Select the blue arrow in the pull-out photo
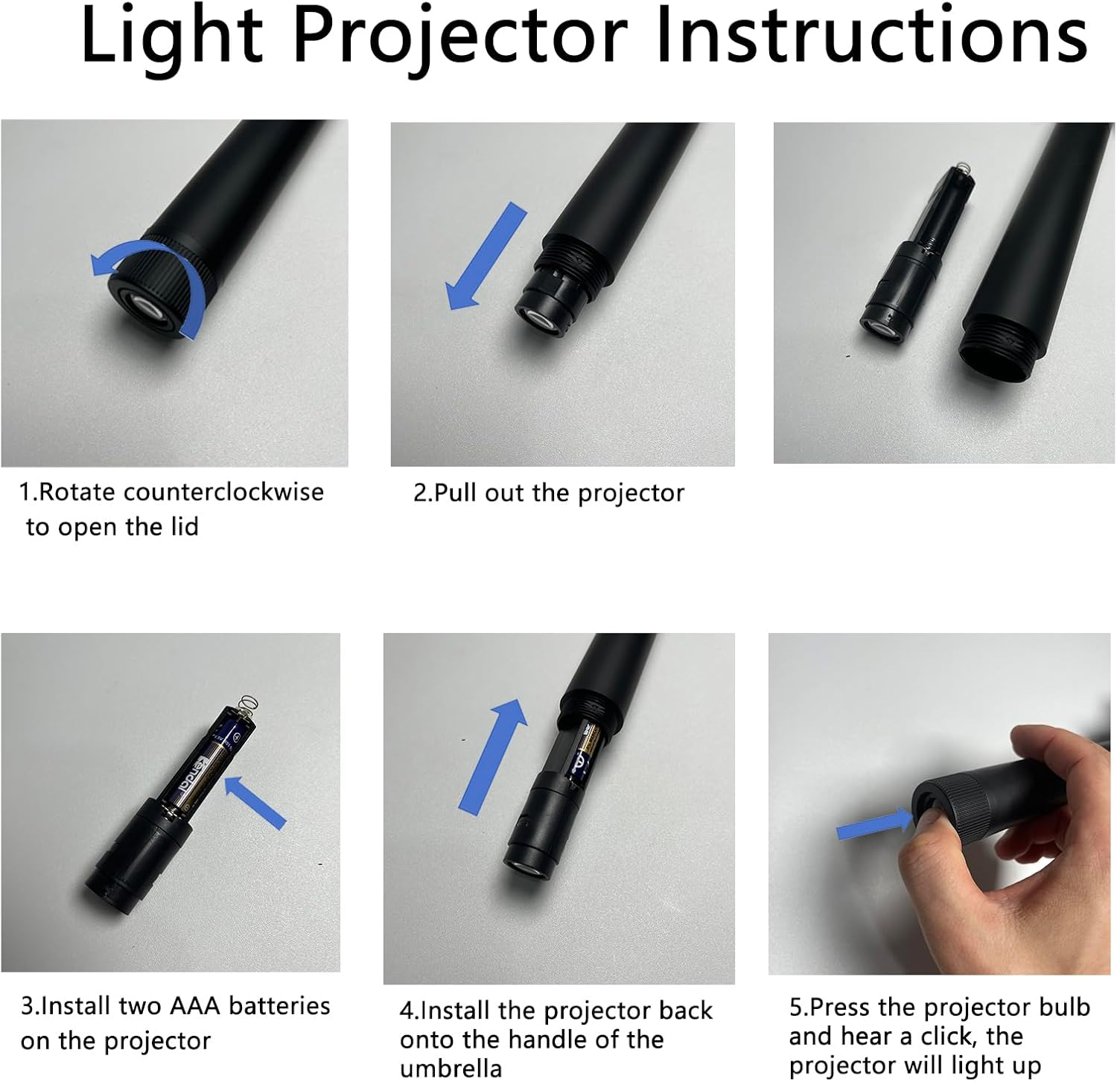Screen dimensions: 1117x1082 point(486,256)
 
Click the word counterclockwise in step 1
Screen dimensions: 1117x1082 point(223,492)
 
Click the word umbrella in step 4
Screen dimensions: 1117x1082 point(451,1068)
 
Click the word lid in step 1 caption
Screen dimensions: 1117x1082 point(183,526)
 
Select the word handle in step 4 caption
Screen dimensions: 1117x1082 point(543,1039)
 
